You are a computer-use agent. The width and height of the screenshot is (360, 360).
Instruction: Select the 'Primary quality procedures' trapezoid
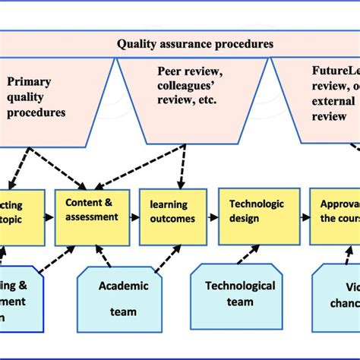(x=46, y=95)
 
